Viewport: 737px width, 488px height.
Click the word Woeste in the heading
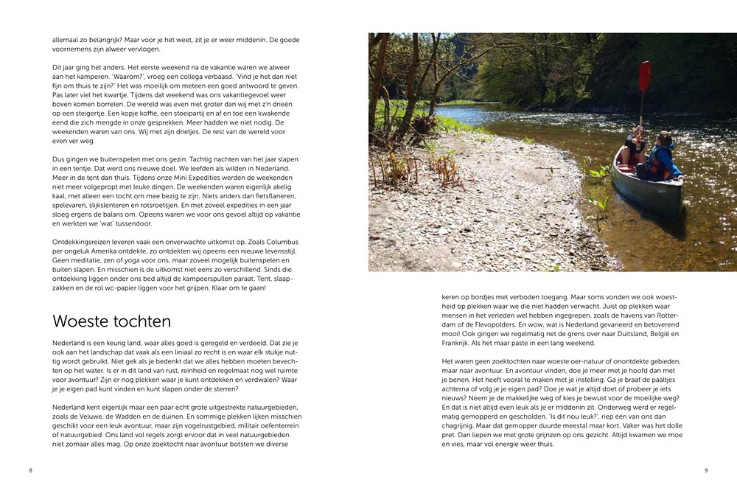coord(79,321)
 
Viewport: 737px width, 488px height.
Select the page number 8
coord(31,470)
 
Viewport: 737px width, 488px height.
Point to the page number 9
coord(705,470)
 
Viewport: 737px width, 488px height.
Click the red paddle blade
coord(645,76)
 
